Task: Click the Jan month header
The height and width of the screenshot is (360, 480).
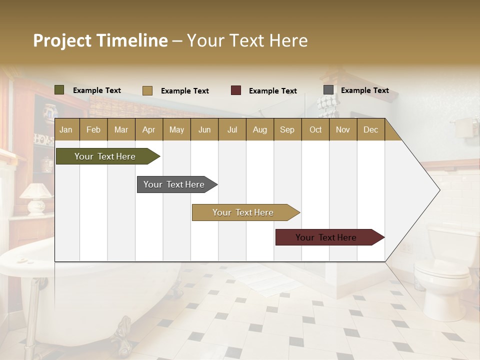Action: point(66,130)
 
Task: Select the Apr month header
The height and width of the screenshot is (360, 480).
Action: point(149,130)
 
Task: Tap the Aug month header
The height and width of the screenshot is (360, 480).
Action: point(259,130)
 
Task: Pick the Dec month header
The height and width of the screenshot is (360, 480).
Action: point(370,130)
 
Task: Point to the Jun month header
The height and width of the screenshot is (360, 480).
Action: point(204,130)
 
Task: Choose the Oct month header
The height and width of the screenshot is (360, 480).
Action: point(315,130)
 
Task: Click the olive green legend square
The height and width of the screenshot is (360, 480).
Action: point(59,90)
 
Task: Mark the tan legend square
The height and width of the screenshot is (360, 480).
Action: point(147,90)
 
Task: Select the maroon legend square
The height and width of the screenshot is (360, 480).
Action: point(236,90)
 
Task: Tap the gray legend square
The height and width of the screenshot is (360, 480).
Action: point(328,90)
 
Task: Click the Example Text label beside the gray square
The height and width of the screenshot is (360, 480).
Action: point(364,90)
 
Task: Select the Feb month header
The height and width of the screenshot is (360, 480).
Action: point(93,130)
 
